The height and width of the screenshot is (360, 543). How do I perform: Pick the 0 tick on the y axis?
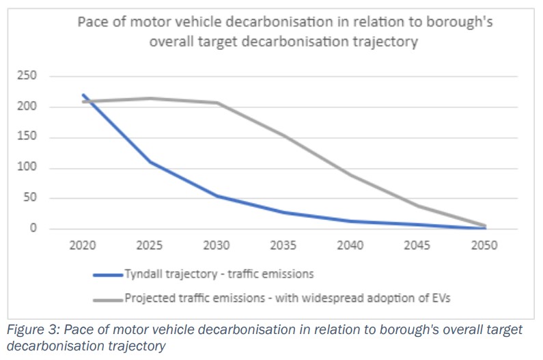(33, 229)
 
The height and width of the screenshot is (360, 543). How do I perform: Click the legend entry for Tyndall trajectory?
(219, 275)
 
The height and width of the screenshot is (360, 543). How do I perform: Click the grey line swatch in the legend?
(108, 299)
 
